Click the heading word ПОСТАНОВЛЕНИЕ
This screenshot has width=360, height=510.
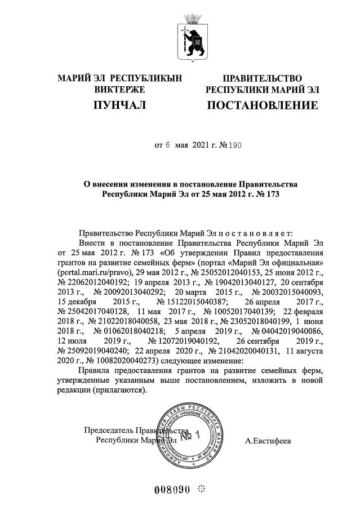click(262, 105)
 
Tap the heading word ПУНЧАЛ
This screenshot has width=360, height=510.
click(119, 105)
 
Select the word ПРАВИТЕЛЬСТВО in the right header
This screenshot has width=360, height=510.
click(262, 78)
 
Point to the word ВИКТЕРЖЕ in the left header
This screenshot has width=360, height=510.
click(119, 89)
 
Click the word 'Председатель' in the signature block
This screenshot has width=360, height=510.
click(108, 430)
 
